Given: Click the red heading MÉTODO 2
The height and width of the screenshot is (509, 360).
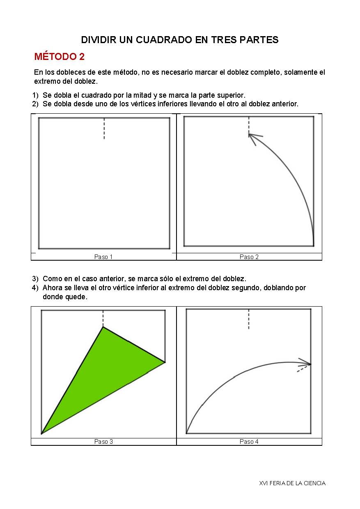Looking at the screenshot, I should click(x=59, y=57).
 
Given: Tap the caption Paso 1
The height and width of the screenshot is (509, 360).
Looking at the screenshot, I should click(x=103, y=257).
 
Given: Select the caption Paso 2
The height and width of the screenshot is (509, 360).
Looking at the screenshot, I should click(x=249, y=257).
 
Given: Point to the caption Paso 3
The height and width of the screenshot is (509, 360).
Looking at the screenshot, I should click(x=103, y=442).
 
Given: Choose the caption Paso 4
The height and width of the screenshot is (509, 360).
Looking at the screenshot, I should click(x=249, y=442).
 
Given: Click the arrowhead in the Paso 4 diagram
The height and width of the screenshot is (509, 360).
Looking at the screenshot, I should click(x=305, y=362).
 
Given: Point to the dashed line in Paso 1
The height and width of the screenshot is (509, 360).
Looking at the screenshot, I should click(x=104, y=128).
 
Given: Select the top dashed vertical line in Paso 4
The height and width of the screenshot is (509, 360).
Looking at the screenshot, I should click(x=249, y=319).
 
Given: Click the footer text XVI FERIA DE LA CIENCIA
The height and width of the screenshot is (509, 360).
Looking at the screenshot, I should click(x=292, y=483).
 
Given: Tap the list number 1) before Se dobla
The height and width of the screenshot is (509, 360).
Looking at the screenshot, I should click(x=35, y=95).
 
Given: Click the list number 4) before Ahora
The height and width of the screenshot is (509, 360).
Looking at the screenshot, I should click(x=35, y=288).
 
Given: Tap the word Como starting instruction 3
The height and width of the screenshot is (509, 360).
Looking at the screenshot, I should click(x=52, y=279).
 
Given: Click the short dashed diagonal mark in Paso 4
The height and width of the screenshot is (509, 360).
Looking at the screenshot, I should click(x=302, y=369).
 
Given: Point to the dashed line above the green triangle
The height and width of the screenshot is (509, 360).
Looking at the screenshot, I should click(x=103, y=319).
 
